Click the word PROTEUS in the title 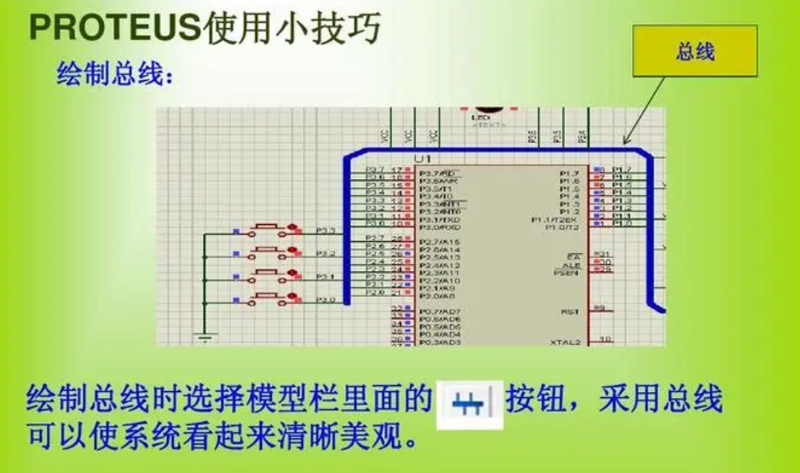click(114, 28)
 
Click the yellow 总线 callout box click(695, 53)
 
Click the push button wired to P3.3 click(271, 230)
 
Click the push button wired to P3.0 click(271, 299)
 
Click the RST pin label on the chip click(570, 312)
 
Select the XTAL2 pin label click(566, 342)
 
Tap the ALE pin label click(572, 264)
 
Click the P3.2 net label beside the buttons click(326, 254)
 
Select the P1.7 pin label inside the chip click(570, 173)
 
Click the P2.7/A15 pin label click(440, 242)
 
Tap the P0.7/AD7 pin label click(440, 312)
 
